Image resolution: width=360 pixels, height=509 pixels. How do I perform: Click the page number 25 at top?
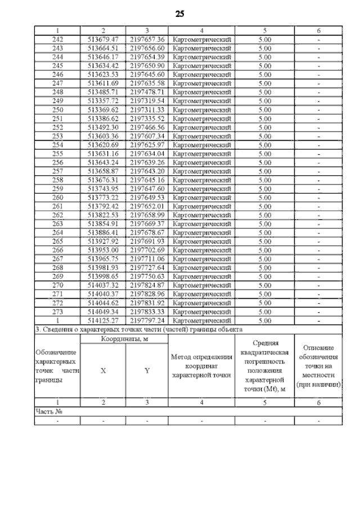tap(180, 13)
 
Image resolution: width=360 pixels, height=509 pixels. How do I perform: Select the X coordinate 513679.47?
tap(103, 39)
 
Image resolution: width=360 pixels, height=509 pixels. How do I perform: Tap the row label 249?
tap(57, 101)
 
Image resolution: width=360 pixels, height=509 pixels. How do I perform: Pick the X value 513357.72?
tap(103, 101)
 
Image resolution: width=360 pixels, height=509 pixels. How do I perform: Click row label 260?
tap(57, 198)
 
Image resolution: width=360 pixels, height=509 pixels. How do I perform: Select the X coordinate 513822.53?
tap(103, 215)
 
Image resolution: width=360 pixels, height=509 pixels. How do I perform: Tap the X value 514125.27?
tap(103, 320)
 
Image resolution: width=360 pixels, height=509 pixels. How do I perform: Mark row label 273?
tap(57, 312)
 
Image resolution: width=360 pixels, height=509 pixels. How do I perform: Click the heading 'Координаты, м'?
tap(125, 339)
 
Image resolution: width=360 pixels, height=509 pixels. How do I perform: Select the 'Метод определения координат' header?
tap(201, 365)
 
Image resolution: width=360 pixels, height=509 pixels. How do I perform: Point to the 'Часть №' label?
tap(48, 411)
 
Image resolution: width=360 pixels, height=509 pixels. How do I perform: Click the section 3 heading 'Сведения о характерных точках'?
tap(139, 329)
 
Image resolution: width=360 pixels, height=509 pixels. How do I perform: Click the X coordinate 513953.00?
tap(103, 250)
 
